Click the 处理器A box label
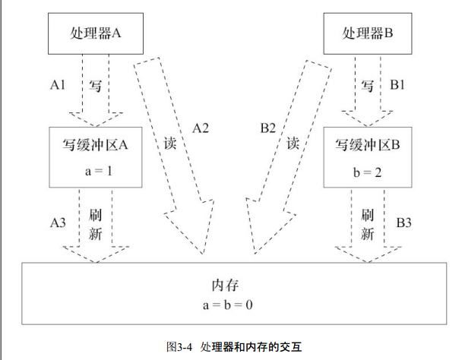point(96,33)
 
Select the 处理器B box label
point(368,33)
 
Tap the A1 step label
point(58,85)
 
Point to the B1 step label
point(397,85)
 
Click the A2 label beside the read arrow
point(201,128)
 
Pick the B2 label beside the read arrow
point(268,128)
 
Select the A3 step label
point(58,223)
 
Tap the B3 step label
point(404,223)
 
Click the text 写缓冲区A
point(95,145)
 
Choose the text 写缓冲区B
point(368,145)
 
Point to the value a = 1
point(99,171)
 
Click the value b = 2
point(367,172)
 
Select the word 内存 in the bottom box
point(226,286)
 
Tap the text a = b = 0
point(228,305)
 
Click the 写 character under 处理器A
point(95,86)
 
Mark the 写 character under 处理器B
point(367,86)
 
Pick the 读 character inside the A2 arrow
point(170,144)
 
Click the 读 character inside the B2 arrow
point(293,144)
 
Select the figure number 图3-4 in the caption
point(179,346)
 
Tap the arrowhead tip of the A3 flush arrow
point(96,262)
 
